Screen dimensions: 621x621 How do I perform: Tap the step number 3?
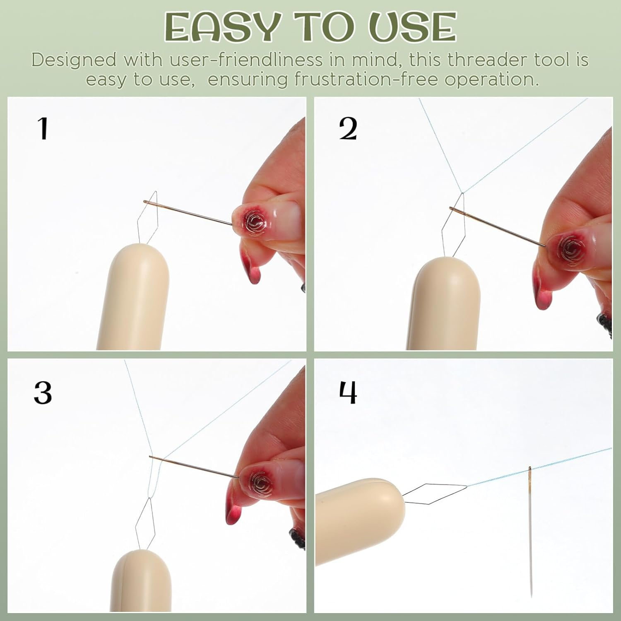click(x=43, y=392)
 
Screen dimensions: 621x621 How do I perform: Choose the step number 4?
click(x=348, y=392)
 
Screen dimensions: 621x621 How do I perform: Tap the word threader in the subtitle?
click(x=485, y=60)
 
